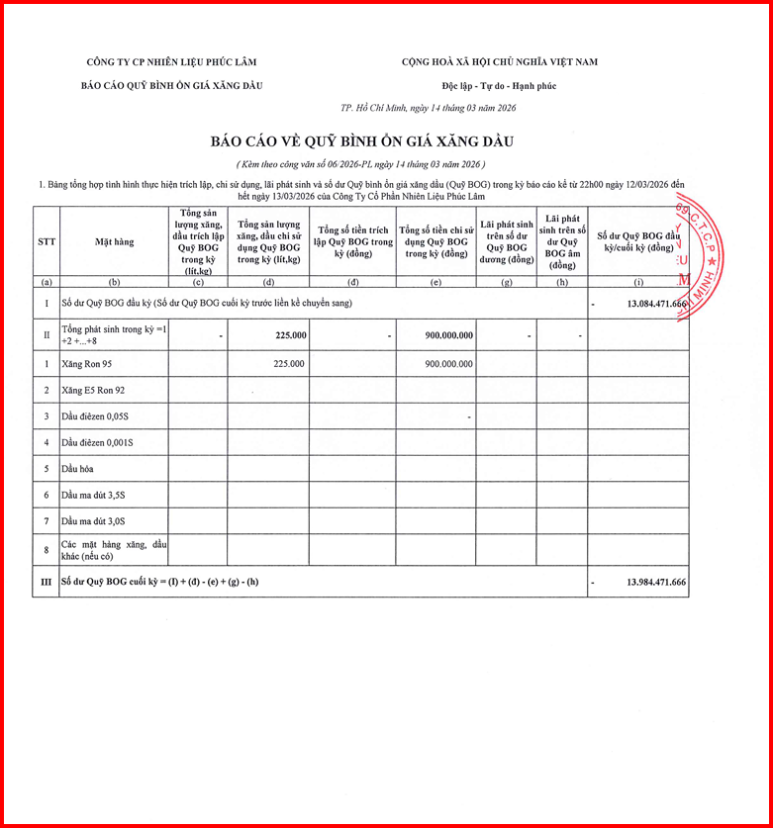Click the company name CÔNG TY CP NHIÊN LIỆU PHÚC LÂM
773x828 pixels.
(x=165, y=62)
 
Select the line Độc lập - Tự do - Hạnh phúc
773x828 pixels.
(x=500, y=86)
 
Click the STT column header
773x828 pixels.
(x=47, y=241)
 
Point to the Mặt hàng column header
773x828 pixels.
(x=114, y=241)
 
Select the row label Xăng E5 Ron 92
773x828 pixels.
(x=93, y=391)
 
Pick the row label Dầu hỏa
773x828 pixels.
(x=77, y=468)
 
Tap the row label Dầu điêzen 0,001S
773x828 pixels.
(x=97, y=442)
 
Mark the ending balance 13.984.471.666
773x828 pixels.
(x=656, y=583)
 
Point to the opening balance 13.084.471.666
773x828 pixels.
(x=656, y=303)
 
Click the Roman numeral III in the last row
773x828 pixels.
(x=47, y=583)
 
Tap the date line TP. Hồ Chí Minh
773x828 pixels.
(x=428, y=108)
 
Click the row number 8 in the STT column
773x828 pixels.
(x=47, y=550)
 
